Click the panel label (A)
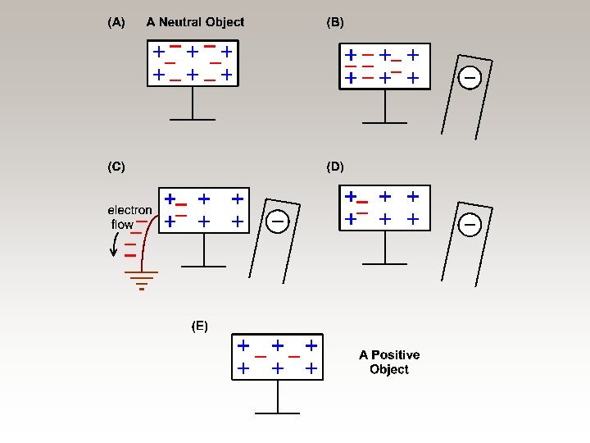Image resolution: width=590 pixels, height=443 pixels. tap(116, 23)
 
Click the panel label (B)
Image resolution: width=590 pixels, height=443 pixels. tap(335, 23)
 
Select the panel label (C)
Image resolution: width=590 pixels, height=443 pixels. tap(116, 167)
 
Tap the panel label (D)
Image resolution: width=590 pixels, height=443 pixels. tap(335, 167)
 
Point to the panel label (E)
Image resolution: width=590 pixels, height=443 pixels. tap(200, 326)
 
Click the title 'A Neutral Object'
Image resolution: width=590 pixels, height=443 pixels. tap(195, 23)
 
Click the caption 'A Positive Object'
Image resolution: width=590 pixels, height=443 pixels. tap(389, 362)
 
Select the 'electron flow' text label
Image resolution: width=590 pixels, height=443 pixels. tap(129, 217)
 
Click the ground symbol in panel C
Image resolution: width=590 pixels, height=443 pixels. tap(142, 280)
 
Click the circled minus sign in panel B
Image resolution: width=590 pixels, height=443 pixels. tap(470, 78)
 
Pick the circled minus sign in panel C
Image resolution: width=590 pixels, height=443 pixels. tap(278, 221)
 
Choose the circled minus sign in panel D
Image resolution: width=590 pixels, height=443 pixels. tap(470, 223)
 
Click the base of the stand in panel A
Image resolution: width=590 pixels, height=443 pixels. tap(192, 119)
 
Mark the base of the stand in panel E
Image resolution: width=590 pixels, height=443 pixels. tap(278, 413)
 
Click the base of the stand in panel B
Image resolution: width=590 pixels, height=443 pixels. tap(384, 122)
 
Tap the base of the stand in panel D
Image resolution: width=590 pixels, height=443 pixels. tap(384, 263)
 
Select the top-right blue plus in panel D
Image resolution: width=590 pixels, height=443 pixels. tap(414, 197)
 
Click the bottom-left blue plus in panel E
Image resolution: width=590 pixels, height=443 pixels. tap(243, 369)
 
